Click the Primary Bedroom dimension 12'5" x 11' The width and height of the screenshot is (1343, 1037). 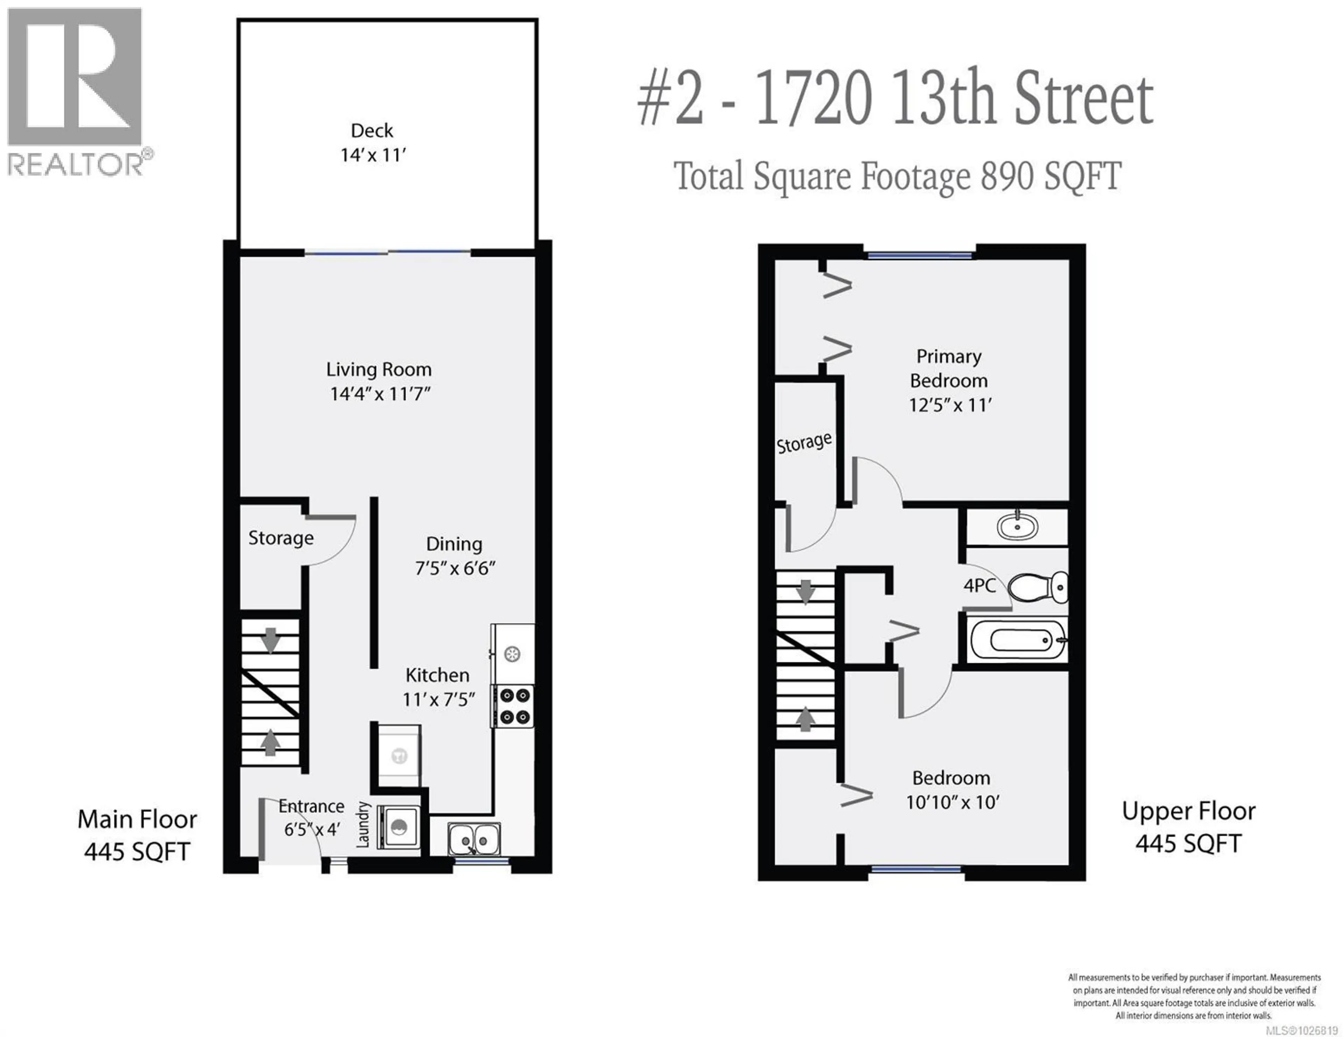[x=950, y=405]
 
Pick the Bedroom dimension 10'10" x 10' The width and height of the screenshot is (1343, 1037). [x=952, y=802]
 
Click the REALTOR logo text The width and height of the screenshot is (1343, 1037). [x=75, y=165]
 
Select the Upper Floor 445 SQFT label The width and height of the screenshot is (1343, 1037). [x=1188, y=827]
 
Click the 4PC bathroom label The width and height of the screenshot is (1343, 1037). [x=980, y=585]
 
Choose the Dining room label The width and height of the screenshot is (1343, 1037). [x=454, y=544]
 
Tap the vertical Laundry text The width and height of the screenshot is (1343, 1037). [x=363, y=824]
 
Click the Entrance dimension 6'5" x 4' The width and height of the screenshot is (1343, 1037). [x=312, y=830]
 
